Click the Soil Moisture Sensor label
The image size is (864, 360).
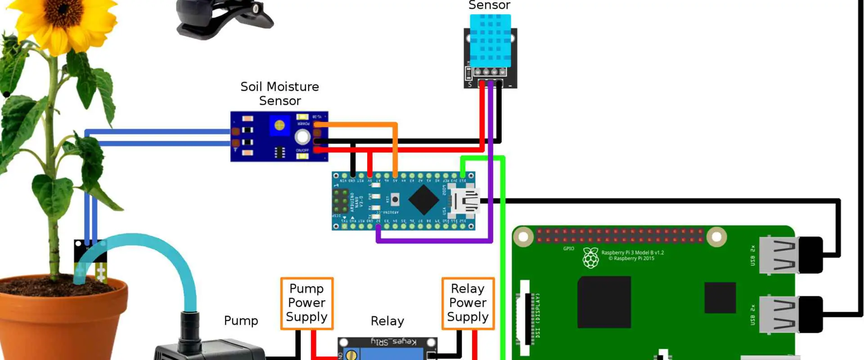click(x=279, y=94)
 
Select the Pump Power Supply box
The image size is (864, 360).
click(x=306, y=303)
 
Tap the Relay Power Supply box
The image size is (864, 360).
click(x=468, y=303)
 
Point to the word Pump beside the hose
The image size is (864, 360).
click(x=241, y=321)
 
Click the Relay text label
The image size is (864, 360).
click(x=387, y=321)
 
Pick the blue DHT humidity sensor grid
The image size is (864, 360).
click(x=490, y=40)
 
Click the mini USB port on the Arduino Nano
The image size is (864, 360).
click(x=465, y=201)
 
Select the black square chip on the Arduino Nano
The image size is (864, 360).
click(x=423, y=200)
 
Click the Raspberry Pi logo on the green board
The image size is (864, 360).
click(x=590, y=258)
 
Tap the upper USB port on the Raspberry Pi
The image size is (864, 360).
click(x=778, y=255)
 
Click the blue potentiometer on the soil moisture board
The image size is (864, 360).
click(x=279, y=126)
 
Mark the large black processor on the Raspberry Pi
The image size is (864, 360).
click(x=603, y=302)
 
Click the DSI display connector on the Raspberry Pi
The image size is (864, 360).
click(x=524, y=317)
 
